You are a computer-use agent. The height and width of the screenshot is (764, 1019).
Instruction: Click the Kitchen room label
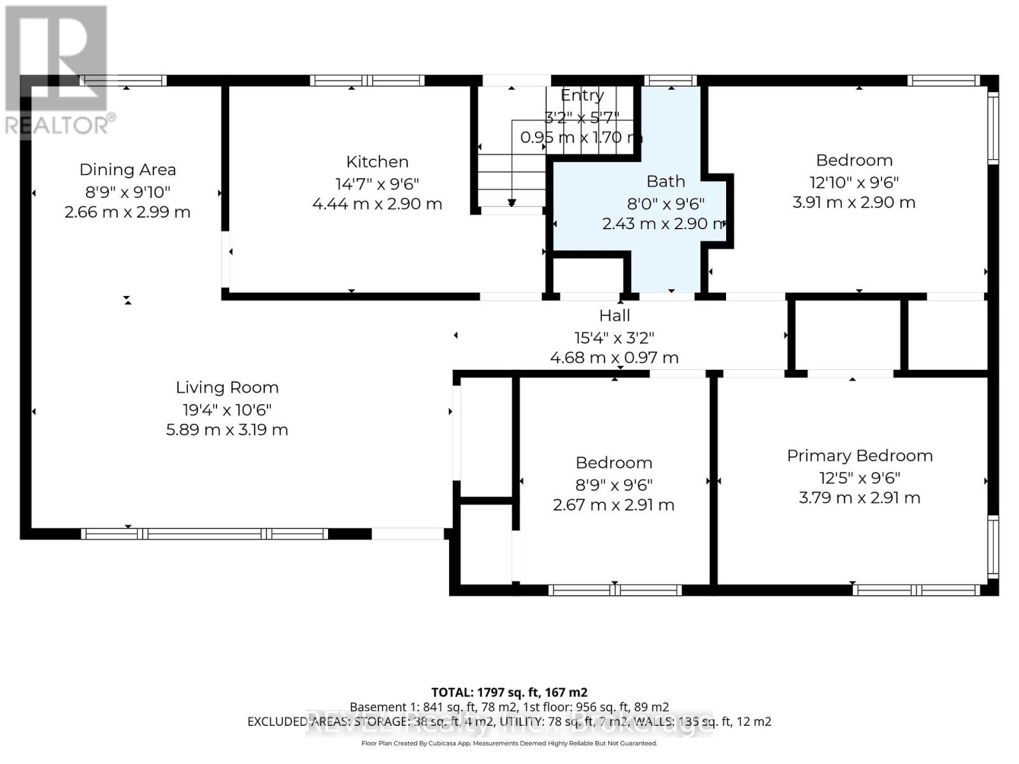(x=377, y=162)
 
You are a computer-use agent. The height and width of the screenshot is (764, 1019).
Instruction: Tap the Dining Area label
(x=127, y=170)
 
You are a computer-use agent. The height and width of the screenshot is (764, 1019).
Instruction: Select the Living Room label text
(x=227, y=388)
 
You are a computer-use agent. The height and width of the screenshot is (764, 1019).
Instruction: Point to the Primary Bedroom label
(x=860, y=456)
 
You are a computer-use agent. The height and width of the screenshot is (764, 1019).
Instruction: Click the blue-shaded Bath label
(x=666, y=181)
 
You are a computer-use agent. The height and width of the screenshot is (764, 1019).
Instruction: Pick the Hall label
(x=615, y=316)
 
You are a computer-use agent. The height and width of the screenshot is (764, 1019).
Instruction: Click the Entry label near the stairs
(x=582, y=95)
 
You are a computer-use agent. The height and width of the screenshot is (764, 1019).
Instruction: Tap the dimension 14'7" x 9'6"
(x=377, y=184)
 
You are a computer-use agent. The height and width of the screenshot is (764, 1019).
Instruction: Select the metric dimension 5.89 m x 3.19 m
(x=227, y=430)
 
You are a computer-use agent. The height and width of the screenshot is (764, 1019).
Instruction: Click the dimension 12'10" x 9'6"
(x=854, y=183)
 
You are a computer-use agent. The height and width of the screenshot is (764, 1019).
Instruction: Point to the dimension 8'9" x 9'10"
(x=127, y=192)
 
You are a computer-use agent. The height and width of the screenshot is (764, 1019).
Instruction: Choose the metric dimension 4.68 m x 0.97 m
(x=615, y=358)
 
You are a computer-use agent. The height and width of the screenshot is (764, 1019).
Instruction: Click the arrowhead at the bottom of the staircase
(x=512, y=203)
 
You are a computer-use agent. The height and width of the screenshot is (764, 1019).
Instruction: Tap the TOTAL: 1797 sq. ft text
(x=509, y=692)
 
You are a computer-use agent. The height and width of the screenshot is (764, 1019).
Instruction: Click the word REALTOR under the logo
(x=57, y=125)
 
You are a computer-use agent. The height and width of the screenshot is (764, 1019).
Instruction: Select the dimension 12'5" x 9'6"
(x=860, y=478)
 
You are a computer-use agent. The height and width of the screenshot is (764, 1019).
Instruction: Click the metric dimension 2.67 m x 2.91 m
(x=613, y=505)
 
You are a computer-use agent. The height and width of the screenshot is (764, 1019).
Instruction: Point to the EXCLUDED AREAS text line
(x=509, y=721)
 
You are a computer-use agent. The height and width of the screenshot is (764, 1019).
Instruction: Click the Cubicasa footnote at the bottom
(x=509, y=743)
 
